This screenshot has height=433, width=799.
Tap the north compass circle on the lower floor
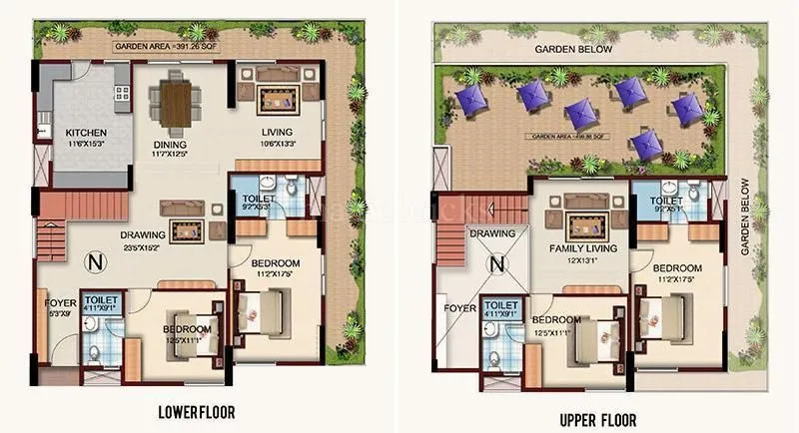click(95, 263)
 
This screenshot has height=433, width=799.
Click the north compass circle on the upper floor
click(494, 264)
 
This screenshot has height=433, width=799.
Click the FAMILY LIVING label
click(582, 247)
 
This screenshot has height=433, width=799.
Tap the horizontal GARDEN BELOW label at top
click(576, 48)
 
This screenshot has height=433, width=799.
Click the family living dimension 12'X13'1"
click(582, 259)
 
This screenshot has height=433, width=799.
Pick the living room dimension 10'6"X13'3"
click(277, 143)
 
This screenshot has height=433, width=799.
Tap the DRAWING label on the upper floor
click(490, 233)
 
